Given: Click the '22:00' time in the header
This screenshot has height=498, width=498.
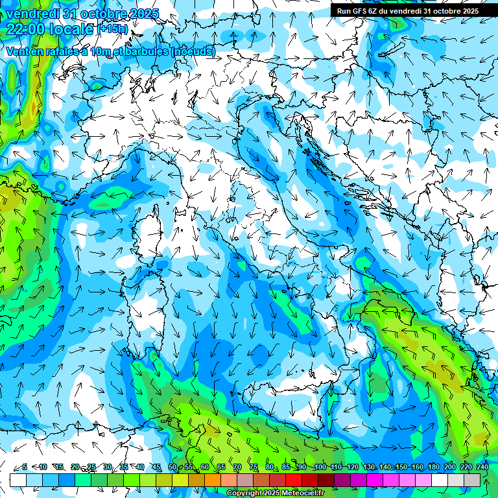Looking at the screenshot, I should (26, 29).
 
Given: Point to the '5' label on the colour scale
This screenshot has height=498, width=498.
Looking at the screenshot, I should (25, 467).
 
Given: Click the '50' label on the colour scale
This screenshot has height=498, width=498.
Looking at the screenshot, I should (172, 467).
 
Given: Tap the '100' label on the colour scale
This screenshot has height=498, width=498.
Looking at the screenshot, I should (320, 467).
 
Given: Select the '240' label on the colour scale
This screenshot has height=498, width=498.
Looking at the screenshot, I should (482, 467).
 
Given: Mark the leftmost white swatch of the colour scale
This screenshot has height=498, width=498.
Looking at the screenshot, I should (18, 480).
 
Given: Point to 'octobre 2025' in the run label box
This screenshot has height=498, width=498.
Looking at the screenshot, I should (455, 10).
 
